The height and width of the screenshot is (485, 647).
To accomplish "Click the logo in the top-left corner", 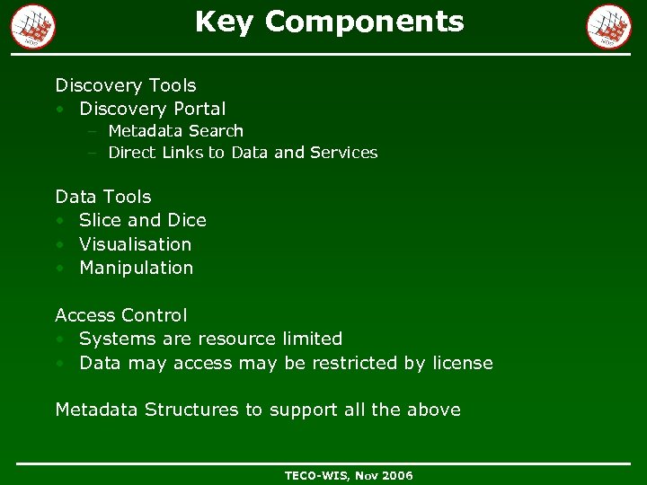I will tap(33, 26).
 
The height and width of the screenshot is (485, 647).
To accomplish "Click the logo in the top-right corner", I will tap(609, 26).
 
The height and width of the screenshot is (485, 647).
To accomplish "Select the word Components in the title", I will tap(365, 22).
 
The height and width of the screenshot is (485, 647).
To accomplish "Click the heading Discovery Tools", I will tap(126, 85).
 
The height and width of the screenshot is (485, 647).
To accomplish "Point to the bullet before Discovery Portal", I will tap(59, 110).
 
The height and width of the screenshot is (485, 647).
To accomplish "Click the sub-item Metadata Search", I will tap(175, 131).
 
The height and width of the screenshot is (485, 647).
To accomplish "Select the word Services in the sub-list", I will tap(343, 153).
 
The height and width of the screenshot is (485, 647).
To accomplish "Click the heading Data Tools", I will tap(103, 197).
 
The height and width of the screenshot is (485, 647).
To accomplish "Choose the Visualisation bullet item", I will tap(135, 244).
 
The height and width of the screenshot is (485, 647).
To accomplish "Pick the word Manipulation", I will tap(136, 268).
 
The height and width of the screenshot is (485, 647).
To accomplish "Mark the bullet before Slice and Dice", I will tap(59, 221).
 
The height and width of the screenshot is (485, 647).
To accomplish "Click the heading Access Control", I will tap(121, 315).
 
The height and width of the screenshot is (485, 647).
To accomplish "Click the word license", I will tap(462, 363).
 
